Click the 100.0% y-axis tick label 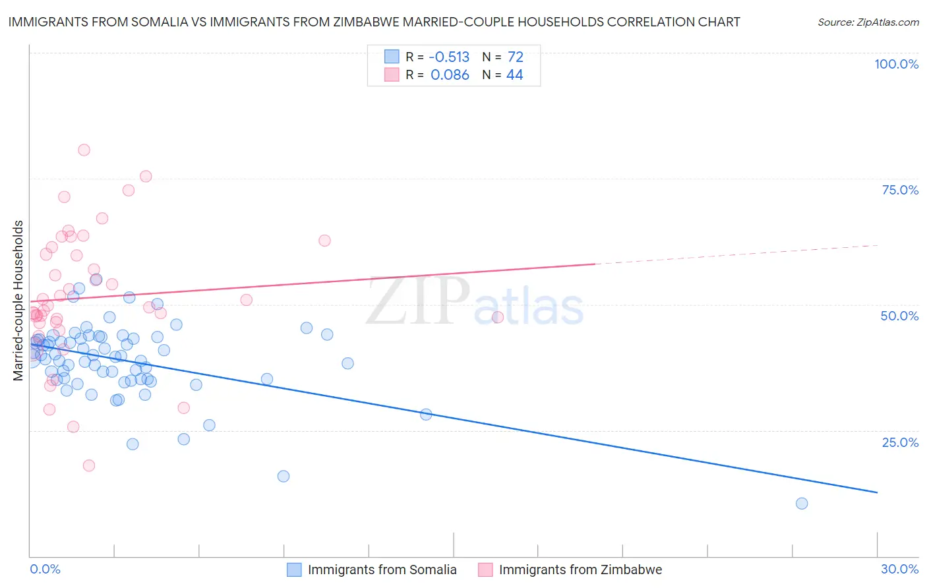[896, 64]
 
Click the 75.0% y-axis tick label [900, 190]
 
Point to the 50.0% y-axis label [899, 316]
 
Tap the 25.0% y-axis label [900, 442]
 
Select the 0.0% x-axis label [45, 569]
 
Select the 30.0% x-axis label [899, 569]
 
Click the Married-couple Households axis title [18, 301]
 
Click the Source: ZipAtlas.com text [868, 22]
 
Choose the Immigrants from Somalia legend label [382, 570]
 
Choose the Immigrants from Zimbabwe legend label [580, 570]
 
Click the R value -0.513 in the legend [450, 57]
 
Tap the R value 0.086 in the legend [450, 75]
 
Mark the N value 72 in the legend [515, 57]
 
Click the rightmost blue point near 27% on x [802, 504]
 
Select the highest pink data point [84, 150]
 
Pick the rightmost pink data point [498, 317]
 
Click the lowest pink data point [89, 465]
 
